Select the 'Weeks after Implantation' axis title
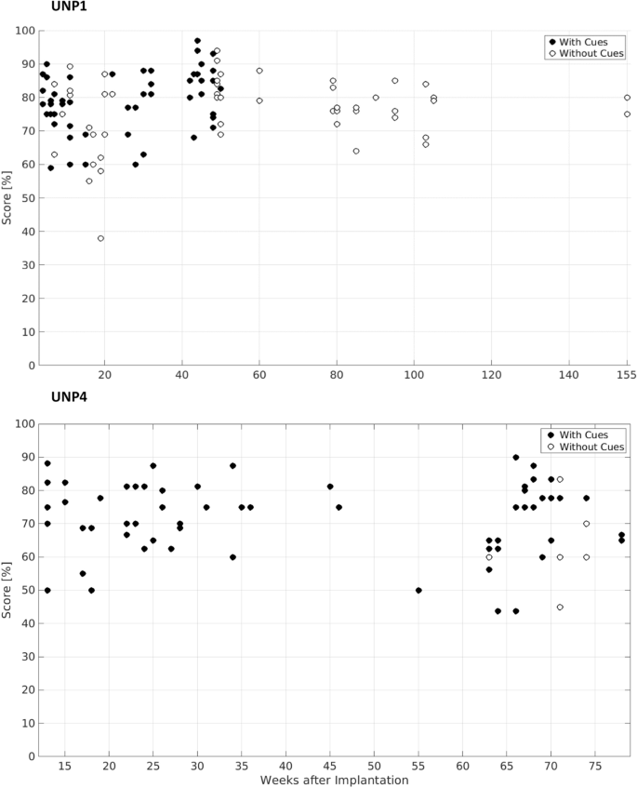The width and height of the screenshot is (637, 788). pos(334,780)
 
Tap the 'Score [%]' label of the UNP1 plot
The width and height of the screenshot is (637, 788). pos(9,197)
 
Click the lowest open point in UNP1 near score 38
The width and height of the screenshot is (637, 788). pos(100,238)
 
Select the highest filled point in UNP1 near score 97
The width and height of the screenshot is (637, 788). pos(197,41)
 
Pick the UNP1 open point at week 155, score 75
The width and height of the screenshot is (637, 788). pos(627,114)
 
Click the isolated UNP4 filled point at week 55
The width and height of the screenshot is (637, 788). pos(418,590)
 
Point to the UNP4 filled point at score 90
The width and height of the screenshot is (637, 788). pos(516,457)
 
